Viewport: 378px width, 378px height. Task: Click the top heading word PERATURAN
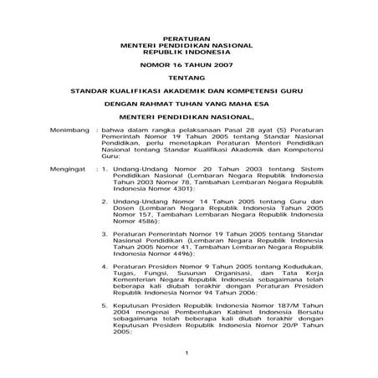[188, 39]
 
